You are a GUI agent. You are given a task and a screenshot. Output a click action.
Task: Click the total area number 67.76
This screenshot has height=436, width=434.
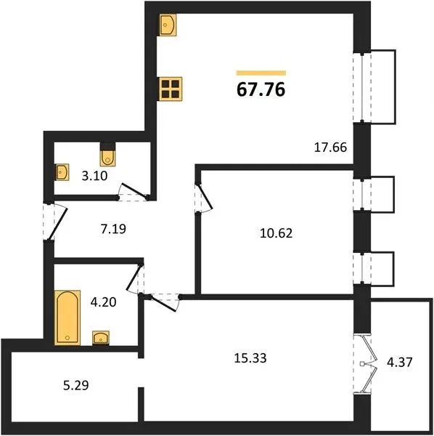(261, 89)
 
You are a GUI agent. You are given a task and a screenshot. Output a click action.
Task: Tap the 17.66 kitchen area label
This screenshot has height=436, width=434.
(330, 147)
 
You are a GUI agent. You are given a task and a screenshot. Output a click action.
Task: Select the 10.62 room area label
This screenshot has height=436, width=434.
(277, 233)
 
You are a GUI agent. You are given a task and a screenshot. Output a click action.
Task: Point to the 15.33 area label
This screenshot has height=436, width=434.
(250, 358)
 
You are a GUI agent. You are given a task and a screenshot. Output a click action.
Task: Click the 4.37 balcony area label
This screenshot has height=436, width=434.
(400, 362)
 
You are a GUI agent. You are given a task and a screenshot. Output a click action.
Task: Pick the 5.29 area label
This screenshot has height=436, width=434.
(76, 385)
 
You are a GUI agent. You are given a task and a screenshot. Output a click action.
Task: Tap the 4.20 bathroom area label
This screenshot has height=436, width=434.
(103, 302)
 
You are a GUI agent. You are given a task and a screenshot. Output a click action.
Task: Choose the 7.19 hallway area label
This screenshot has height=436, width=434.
(113, 229)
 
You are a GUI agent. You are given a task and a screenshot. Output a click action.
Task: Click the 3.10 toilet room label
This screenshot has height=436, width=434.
(94, 176)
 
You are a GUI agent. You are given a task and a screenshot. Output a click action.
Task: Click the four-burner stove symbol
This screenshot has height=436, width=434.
(171, 89)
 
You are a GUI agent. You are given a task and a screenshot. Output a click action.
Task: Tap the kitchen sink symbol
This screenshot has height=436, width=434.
(168, 25)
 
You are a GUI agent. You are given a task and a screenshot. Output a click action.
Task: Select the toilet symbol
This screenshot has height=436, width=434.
(107, 158)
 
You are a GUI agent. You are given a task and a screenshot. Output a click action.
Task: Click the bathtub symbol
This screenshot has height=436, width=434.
(67, 318)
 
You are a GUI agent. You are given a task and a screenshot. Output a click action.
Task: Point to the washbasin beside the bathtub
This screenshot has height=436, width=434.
(101, 338)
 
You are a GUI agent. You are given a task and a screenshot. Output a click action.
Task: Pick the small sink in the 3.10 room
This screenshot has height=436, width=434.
(62, 172)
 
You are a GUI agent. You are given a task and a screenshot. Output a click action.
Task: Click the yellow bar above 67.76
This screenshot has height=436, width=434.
(261, 73)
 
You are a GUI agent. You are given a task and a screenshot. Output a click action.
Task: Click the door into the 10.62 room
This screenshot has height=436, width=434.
(205, 198)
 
